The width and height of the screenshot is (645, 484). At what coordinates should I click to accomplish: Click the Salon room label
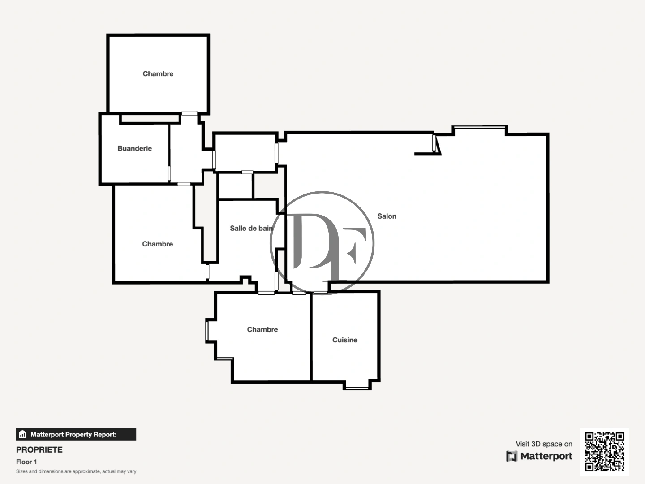(387, 216)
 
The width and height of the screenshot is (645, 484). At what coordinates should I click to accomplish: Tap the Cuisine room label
(344, 340)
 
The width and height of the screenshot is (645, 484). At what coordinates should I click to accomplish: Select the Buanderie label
(134, 148)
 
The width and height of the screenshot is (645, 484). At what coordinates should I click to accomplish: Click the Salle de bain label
(251, 228)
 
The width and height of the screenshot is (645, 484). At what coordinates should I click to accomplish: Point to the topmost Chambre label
(158, 73)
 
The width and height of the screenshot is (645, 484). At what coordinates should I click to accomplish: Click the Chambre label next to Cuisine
(262, 329)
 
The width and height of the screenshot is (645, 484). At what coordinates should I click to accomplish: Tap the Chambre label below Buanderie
(157, 244)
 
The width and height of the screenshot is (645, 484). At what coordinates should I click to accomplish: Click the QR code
(604, 451)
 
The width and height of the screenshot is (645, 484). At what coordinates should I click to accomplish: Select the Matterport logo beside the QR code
(539, 456)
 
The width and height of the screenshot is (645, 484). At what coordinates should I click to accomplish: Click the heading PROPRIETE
(39, 449)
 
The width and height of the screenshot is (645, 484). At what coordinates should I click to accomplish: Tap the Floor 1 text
(26, 462)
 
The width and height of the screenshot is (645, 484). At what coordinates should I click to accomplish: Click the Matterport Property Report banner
(76, 434)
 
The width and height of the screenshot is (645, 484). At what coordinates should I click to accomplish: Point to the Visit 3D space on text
(544, 444)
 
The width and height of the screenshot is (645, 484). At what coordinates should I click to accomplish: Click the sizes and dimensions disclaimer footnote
(76, 471)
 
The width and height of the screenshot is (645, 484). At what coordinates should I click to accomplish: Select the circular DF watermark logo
(322, 243)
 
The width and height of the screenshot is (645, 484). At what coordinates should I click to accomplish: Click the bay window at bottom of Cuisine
(357, 388)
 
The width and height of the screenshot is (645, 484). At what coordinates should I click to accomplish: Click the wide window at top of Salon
(479, 128)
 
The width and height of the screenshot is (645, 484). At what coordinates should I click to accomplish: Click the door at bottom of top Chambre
(189, 113)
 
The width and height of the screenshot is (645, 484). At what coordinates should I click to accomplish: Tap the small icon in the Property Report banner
(23, 434)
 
